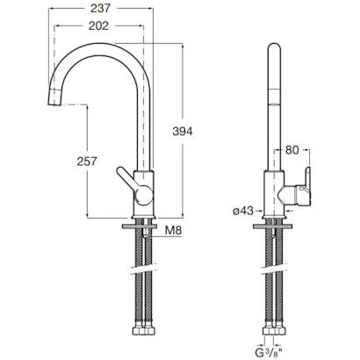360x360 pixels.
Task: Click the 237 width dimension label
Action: tap(100, 9)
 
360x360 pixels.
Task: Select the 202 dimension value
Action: tap(98, 26)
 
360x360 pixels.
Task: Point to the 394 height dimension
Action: tap(183, 132)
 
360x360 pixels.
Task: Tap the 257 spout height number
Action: tap(87, 162)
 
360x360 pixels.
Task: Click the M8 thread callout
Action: tap(173, 231)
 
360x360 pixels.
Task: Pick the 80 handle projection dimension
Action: tap(292, 150)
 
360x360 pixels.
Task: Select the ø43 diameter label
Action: tap(243, 211)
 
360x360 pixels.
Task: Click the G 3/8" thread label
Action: tap(270, 352)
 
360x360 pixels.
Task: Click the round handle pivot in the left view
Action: tap(143, 195)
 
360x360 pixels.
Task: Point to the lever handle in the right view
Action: tap(306, 187)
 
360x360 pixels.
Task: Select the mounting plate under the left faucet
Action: tap(140, 227)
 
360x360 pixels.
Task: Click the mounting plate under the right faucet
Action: tap(273, 227)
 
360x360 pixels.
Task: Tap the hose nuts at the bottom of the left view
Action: tap(143, 331)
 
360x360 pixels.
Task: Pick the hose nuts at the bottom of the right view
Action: tap(273, 331)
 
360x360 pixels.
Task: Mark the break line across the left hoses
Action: tap(143, 270)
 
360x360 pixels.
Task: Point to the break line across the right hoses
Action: tap(273, 270)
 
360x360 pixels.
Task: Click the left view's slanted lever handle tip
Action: tap(120, 170)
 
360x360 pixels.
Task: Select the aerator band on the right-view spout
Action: tap(274, 97)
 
